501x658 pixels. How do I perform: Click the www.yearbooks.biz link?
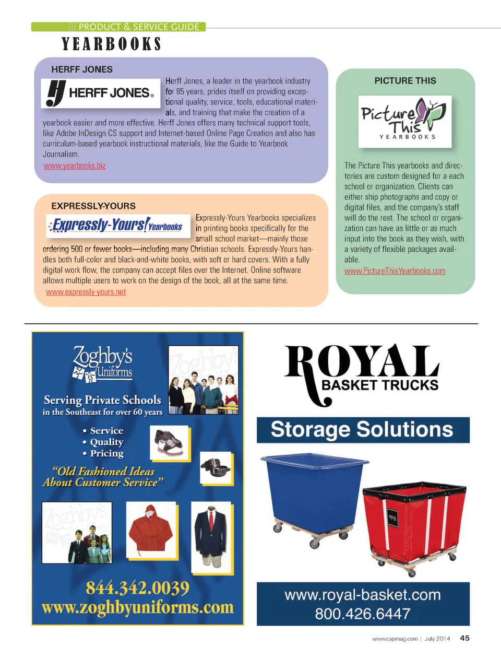[x=75, y=166]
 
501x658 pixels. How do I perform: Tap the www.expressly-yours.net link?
[x=86, y=292]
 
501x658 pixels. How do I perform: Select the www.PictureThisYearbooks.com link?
[x=395, y=271]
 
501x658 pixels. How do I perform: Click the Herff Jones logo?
[x=100, y=93]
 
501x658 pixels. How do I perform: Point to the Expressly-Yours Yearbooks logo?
[x=115, y=225]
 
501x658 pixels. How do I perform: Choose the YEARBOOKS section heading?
[x=111, y=44]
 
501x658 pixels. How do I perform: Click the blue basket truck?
[x=313, y=496]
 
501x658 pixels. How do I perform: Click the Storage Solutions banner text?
[x=362, y=430]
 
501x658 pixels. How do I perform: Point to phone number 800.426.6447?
[x=363, y=614]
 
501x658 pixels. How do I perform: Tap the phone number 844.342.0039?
[x=138, y=588]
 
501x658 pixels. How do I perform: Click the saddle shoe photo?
[x=169, y=442]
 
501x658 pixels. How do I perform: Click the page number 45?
[x=464, y=638]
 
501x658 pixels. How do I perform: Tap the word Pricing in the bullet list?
[x=106, y=453]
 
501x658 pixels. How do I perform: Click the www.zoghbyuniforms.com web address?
[x=138, y=607]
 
